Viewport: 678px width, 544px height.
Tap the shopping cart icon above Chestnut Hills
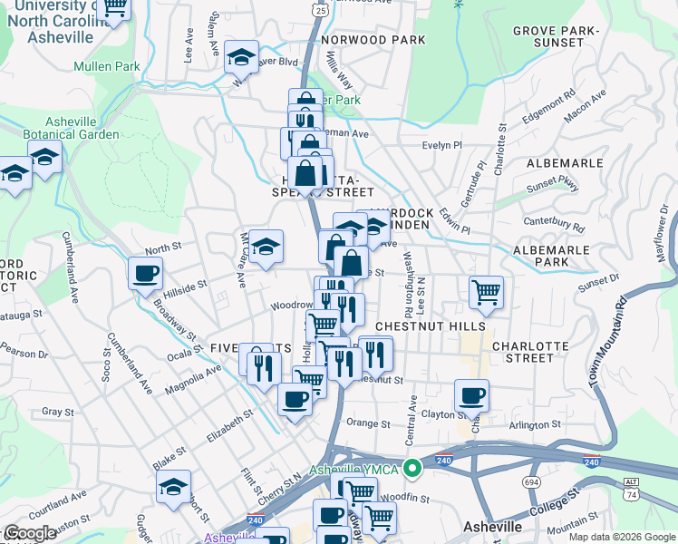coord(487,292)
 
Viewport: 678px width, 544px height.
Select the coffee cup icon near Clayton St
coord(471,395)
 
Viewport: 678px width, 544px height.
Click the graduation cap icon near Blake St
coord(173,486)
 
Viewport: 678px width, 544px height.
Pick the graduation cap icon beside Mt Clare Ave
coord(266,246)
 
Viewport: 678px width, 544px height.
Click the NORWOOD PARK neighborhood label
coord(373,40)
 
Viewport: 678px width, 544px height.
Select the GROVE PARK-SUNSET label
coord(556,36)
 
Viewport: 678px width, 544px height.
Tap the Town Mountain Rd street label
coord(609,341)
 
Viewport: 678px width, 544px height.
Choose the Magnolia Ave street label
coord(192,379)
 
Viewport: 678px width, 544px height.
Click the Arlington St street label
coord(535,424)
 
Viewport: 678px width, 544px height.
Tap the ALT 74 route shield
coord(631,489)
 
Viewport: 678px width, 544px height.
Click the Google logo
coord(30,533)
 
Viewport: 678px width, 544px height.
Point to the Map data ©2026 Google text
coord(621,537)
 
